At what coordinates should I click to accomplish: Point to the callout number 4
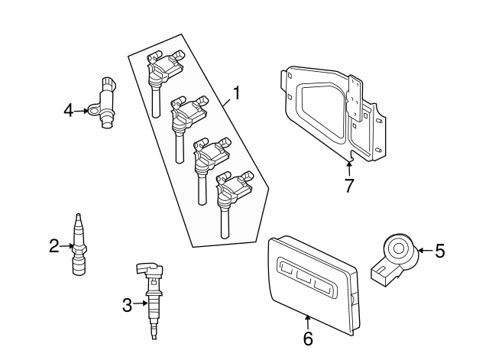click(69, 111)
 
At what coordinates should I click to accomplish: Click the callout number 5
click(439, 250)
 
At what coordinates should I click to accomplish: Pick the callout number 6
click(308, 338)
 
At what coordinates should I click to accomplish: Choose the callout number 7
click(349, 186)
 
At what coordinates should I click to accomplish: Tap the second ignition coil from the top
click(186, 119)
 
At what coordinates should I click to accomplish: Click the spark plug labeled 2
click(77, 245)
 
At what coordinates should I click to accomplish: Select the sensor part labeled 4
click(105, 103)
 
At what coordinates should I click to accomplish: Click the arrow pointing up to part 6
click(308, 321)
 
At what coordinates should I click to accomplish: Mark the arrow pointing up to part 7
click(349, 166)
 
